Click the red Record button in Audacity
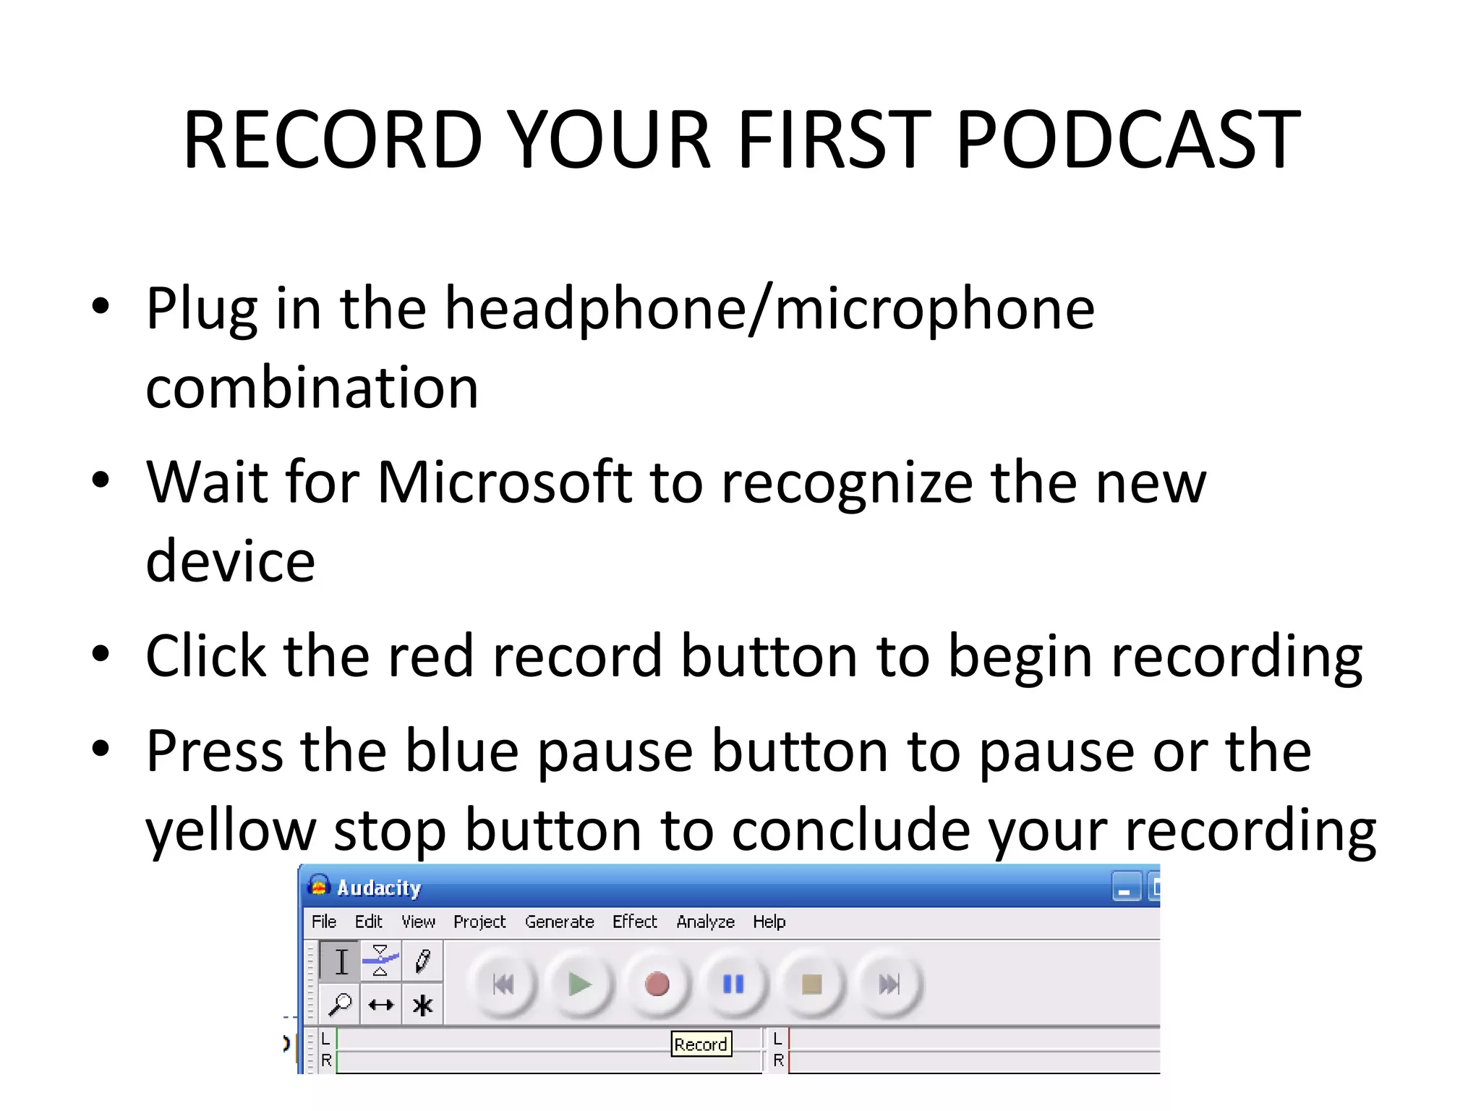(x=657, y=984)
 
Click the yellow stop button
(x=811, y=984)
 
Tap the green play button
(x=579, y=984)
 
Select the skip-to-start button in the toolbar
(x=503, y=984)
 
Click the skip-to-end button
(x=889, y=984)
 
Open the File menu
(x=324, y=921)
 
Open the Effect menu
(x=634, y=921)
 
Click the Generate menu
(x=559, y=921)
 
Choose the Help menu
(x=769, y=921)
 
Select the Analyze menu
(x=705, y=921)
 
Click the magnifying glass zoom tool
(x=339, y=1005)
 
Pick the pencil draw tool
(x=423, y=961)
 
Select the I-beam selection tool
(x=341, y=961)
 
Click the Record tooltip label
(x=701, y=1044)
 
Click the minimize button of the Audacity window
(x=1125, y=887)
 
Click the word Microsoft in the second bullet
(x=504, y=482)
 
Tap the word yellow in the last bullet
(x=230, y=830)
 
